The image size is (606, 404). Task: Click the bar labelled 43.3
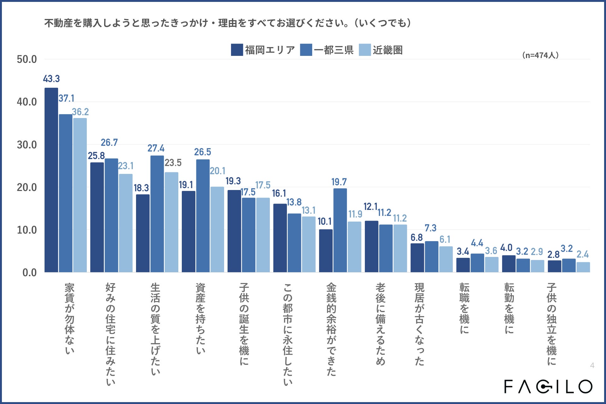[x=51, y=180]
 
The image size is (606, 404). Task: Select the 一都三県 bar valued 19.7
[x=340, y=230]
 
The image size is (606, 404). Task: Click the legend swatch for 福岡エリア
[x=237, y=50]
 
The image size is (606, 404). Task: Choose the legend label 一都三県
[x=334, y=50]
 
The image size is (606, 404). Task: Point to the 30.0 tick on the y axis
[x=27, y=145]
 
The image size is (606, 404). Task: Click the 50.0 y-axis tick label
[x=27, y=59]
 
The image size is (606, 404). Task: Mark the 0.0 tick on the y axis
[x=29, y=273]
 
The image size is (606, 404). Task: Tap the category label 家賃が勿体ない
[x=69, y=319]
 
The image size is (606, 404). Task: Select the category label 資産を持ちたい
[x=200, y=319]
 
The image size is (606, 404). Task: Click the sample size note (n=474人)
[x=540, y=55]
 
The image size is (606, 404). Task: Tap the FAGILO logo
[x=548, y=386]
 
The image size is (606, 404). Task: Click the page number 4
[x=592, y=365]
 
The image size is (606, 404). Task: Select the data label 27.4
[x=156, y=148]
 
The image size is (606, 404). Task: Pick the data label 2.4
[x=583, y=254]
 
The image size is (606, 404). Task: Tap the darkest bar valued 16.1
[x=280, y=238]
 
